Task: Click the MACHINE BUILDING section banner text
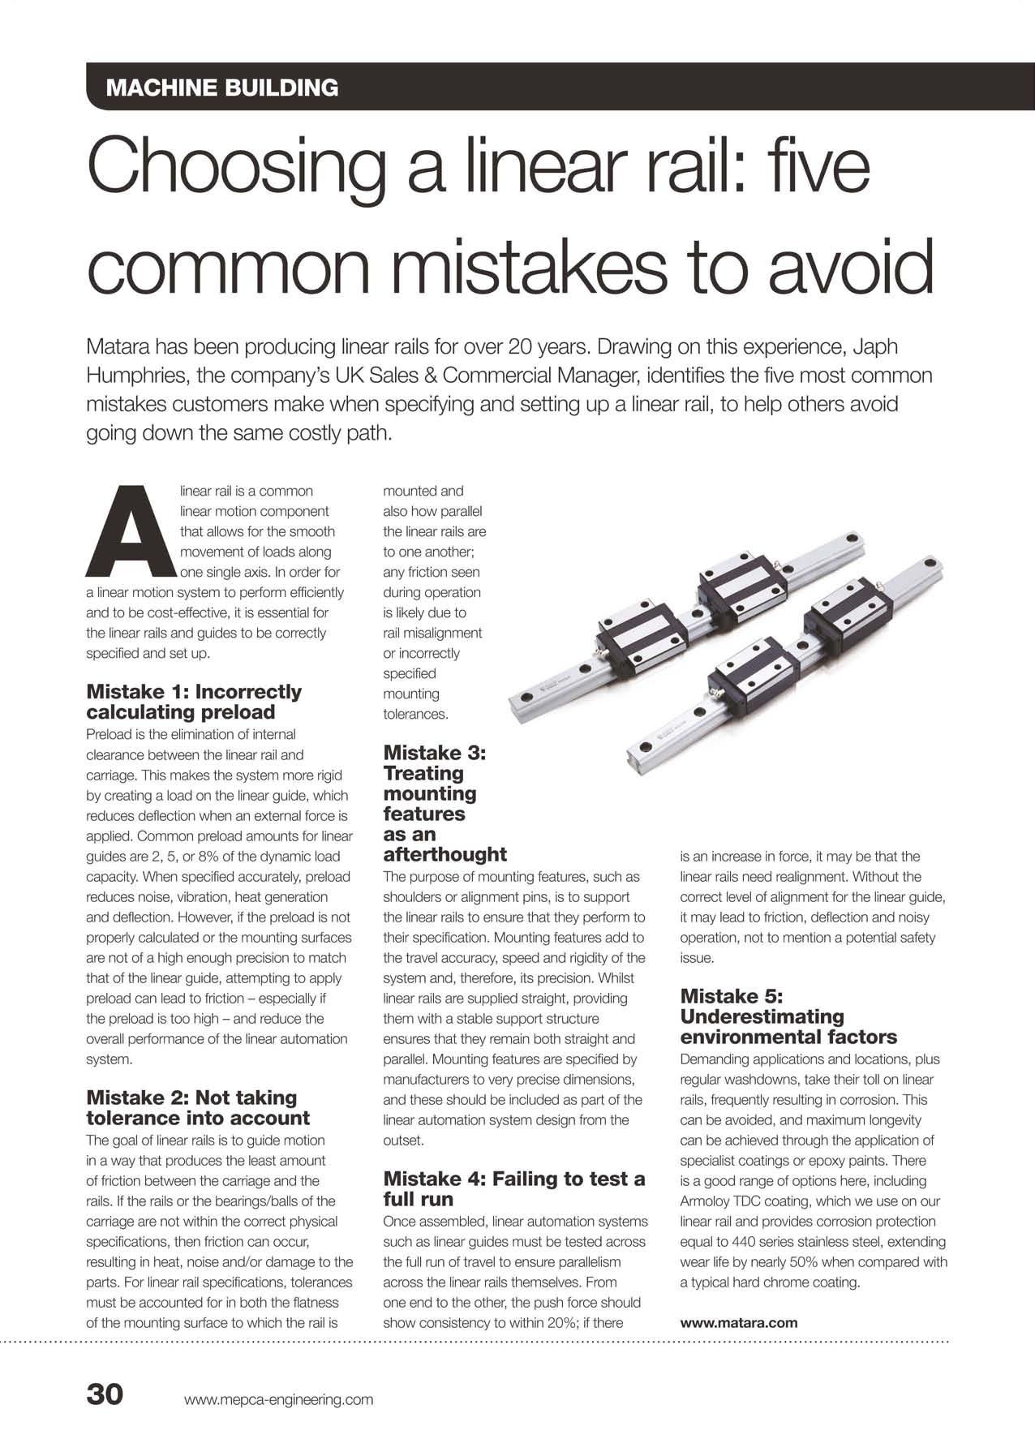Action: pyautogui.click(x=222, y=88)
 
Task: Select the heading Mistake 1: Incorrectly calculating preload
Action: pyautogui.click(x=193, y=702)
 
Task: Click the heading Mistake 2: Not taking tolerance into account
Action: pyautogui.click(x=198, y=1107)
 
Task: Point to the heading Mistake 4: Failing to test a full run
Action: pyautogui.click(x=513, y=1188)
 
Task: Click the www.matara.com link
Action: pyautogui.click(x=739, y=1322)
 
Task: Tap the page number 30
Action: pyautogui.click(x=105, y=1393)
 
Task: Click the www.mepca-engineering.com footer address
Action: pyautogui.click(x=278, y=1399)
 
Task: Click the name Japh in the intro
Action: pyautogui.click(x=876, y=347)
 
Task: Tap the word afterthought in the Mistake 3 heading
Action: pyautogui.click(x=444, y=854)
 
